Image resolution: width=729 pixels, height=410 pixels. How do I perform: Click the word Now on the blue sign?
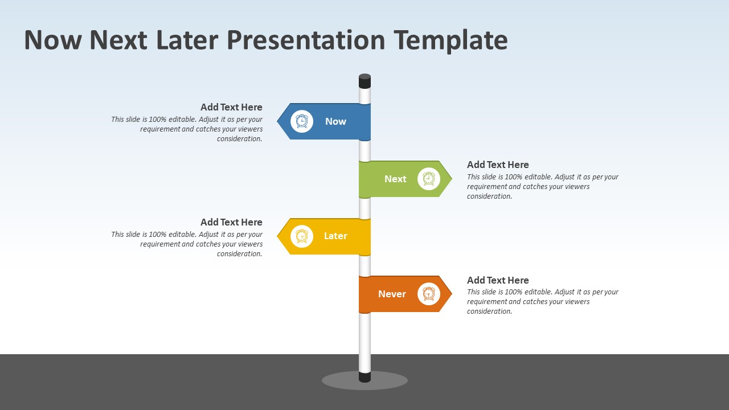pos(335,121)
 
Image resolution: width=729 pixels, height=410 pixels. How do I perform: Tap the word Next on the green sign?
pos(395,179)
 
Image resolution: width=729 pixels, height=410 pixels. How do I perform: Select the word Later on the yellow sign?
pos(335,236)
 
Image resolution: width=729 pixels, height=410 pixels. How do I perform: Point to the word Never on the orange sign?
pos(392,294)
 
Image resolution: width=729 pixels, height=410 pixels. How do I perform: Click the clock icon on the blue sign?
pos(302,121)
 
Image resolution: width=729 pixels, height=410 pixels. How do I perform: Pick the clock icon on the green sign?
pos(429,179)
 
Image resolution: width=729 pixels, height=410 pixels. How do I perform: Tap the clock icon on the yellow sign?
pos(302,236)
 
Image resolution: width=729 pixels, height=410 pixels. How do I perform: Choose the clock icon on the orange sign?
pos(429,294)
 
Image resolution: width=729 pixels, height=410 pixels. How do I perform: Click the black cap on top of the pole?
pos(364,81)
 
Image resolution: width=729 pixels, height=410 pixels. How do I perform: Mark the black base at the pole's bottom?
pos(364,376)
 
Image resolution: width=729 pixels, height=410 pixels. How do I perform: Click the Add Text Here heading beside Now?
pos(231,107)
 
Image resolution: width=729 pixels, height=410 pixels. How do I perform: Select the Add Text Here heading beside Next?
pos(498,165)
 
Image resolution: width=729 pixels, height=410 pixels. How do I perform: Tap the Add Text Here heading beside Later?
pos(231,222)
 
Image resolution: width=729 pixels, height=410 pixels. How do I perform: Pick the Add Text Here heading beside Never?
pos(498,280)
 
